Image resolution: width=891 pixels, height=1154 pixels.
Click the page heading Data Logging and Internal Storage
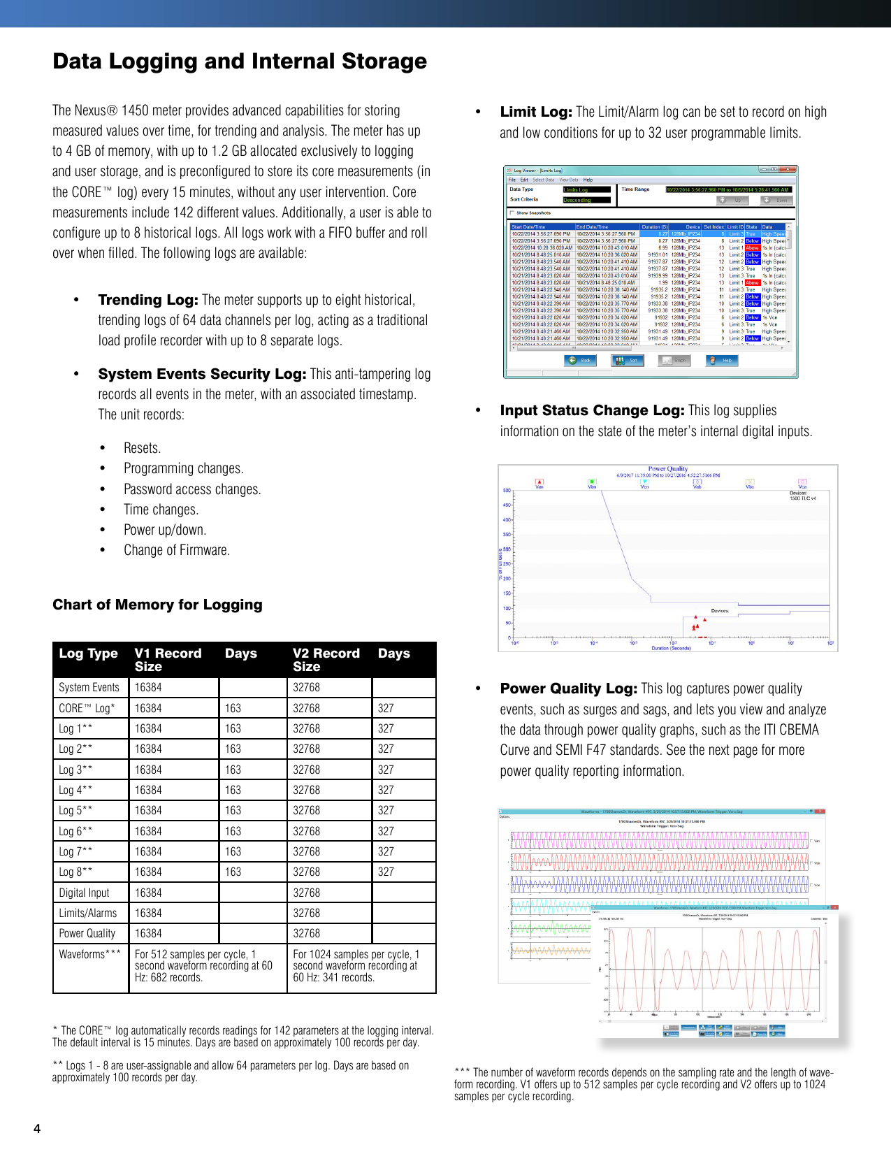point(240,62)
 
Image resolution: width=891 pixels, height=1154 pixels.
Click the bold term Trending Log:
point(148,300)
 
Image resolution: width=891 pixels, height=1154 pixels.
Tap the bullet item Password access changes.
point(192,489)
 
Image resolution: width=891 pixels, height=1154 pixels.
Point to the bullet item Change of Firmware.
point(177,550)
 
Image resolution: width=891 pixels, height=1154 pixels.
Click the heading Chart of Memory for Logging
point(157,605)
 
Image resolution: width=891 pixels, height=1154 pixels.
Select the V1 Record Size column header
point(168,659)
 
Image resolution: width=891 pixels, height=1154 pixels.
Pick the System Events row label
point(89,688)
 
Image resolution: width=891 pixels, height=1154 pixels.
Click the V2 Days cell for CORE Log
point(386,708)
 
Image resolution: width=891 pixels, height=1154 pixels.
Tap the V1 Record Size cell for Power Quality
point(148,934)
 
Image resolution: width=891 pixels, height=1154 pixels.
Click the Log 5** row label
point(75,811)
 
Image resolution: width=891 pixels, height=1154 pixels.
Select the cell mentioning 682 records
point(203,966)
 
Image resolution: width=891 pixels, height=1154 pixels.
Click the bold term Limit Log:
point(536,112)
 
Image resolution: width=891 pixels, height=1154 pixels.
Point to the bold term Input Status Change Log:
point(592,410)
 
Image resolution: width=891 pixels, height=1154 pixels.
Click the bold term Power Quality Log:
point(568,688)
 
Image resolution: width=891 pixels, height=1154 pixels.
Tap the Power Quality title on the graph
point(667,469)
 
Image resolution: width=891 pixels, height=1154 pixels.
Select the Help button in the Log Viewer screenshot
point(723,361)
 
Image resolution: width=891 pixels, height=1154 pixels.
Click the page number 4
point(37,1128)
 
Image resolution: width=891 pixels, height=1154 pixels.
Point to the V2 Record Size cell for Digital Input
point(306,893)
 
